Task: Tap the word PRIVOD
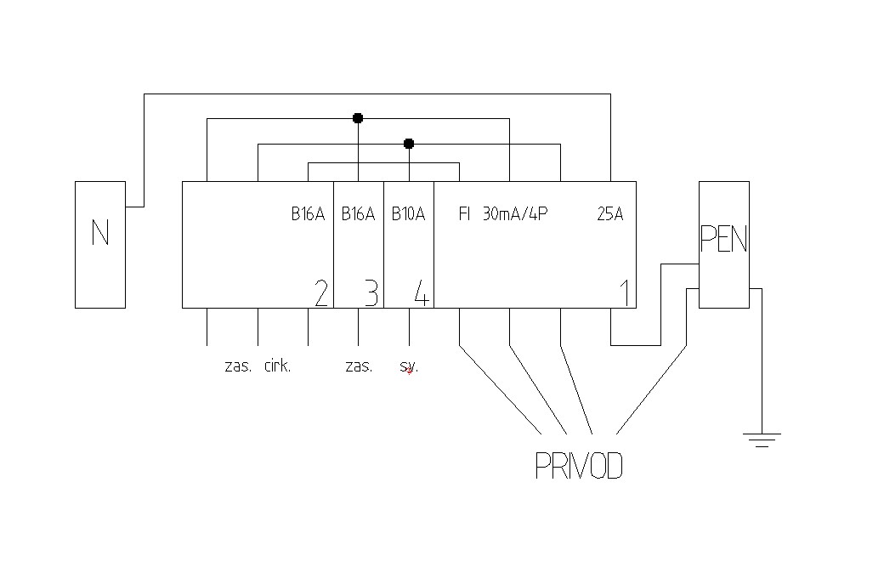(x=579, y=466)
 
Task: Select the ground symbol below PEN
(x=762, y=439)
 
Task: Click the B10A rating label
(x=408, y=214)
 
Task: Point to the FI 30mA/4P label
(x=503, y=214)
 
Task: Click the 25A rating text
(x=610, y=214)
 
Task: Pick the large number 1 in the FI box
(x=625, y=293)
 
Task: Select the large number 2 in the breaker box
(x=320, y=293)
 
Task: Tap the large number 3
(x=371, y=293)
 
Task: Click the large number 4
(x=422, y=293)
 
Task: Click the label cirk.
(x=278, y=366)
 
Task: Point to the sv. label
(x=409, y=366)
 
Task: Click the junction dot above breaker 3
(x=358, y=118)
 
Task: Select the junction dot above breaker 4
(x=409, y=144)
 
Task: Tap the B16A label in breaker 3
(x=358, y=214)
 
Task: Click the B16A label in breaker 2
(x=308, y=214)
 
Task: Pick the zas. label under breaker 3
(x=359, y=366)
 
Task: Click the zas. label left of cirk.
(x=238, y=366)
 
